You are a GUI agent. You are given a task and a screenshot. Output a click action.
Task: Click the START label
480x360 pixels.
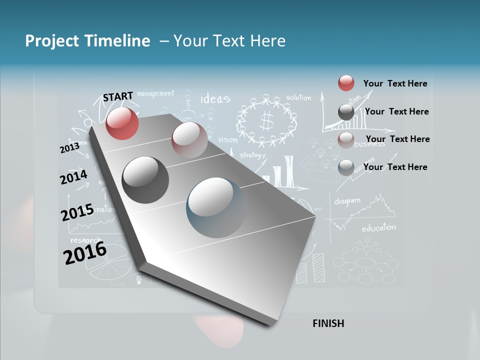[118, 96]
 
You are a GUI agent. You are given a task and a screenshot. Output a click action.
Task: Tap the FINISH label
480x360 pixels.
[328, 323]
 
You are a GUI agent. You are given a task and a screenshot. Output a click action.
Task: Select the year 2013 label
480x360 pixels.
[69, 148]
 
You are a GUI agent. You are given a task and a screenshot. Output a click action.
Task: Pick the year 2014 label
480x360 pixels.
[74, 177]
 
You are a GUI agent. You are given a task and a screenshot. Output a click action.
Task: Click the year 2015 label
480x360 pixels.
[77, 212]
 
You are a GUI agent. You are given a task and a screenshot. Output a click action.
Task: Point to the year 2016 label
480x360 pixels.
[85, 253]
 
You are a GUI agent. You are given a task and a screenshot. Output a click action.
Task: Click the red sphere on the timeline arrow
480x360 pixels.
[122, 123]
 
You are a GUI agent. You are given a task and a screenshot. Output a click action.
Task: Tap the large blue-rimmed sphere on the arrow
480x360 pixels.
[216, 207]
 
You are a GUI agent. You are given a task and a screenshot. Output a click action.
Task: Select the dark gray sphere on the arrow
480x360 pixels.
[145, 180]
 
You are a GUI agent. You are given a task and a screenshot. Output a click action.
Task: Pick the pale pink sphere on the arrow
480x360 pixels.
[189, 140]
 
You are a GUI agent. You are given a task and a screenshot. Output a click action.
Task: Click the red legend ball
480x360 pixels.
[346, 83]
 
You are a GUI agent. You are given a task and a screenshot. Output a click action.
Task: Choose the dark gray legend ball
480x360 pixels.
[346, 112]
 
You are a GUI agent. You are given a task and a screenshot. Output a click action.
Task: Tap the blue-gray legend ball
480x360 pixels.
[346, 167]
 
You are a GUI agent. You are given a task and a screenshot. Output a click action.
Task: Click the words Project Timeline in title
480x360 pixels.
[87, 41]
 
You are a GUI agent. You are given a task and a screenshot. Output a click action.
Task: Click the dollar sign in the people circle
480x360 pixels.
[266, 120]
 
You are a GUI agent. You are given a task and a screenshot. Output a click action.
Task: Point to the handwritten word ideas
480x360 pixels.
[215, 98]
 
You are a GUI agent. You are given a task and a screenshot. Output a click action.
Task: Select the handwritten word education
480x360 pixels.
[378, 228]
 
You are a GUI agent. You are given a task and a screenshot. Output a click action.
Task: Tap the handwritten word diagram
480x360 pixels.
[347, 201]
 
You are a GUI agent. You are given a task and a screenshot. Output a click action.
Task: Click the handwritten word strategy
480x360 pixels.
[252, 155]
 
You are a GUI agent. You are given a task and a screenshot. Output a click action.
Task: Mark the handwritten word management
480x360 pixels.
[155, 93]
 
